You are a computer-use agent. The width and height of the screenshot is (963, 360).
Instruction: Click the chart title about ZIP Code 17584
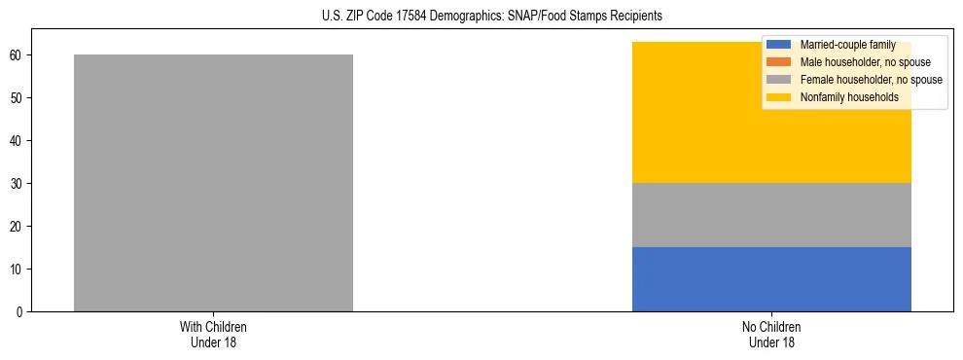pyautogui.click(x=491, y=17)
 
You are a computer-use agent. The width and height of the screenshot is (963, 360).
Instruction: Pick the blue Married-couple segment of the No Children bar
pyautogui.click(x=771, y=279)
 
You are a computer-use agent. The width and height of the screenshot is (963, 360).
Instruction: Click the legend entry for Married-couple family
pyautogui.click(x=847, y=45)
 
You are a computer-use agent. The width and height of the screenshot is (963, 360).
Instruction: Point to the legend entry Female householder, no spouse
pyautogui.click(x=871, y=80)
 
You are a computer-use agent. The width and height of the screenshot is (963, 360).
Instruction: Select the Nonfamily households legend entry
pyautogui.click(x=849, y=97)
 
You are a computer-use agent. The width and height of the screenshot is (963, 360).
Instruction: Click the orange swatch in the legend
pyautogui.click(x=779, y=62)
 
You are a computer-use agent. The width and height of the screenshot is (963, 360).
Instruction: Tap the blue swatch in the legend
pyautogui.click(x=779, y=45)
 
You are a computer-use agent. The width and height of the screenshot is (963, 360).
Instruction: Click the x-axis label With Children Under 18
pyautogui.click(x=213, y=334)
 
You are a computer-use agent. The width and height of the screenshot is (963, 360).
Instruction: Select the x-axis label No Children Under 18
pyautogui.click(x=771, y=334)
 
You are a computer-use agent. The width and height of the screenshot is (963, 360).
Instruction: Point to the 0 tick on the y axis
pyautogui.click(x=20, y=311)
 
